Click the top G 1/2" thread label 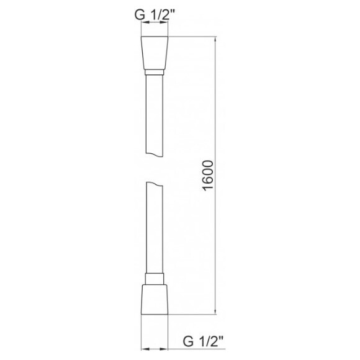156,14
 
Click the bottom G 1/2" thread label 202,340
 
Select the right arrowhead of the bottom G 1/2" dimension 169,348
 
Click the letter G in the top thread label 140,14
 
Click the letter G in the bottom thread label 186,340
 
